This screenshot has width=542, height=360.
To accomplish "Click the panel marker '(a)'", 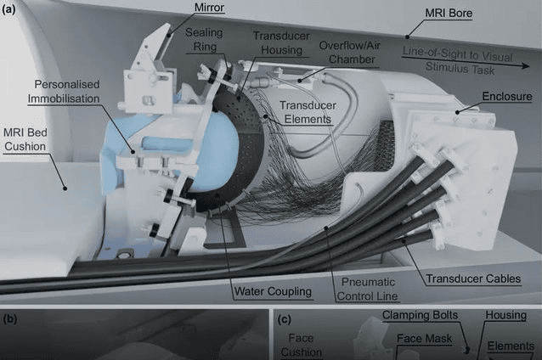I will tap(13, 11).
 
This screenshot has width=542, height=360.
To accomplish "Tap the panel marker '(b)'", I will tap(11, 320).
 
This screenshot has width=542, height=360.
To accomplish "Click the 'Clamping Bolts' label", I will tap(421, 316).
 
